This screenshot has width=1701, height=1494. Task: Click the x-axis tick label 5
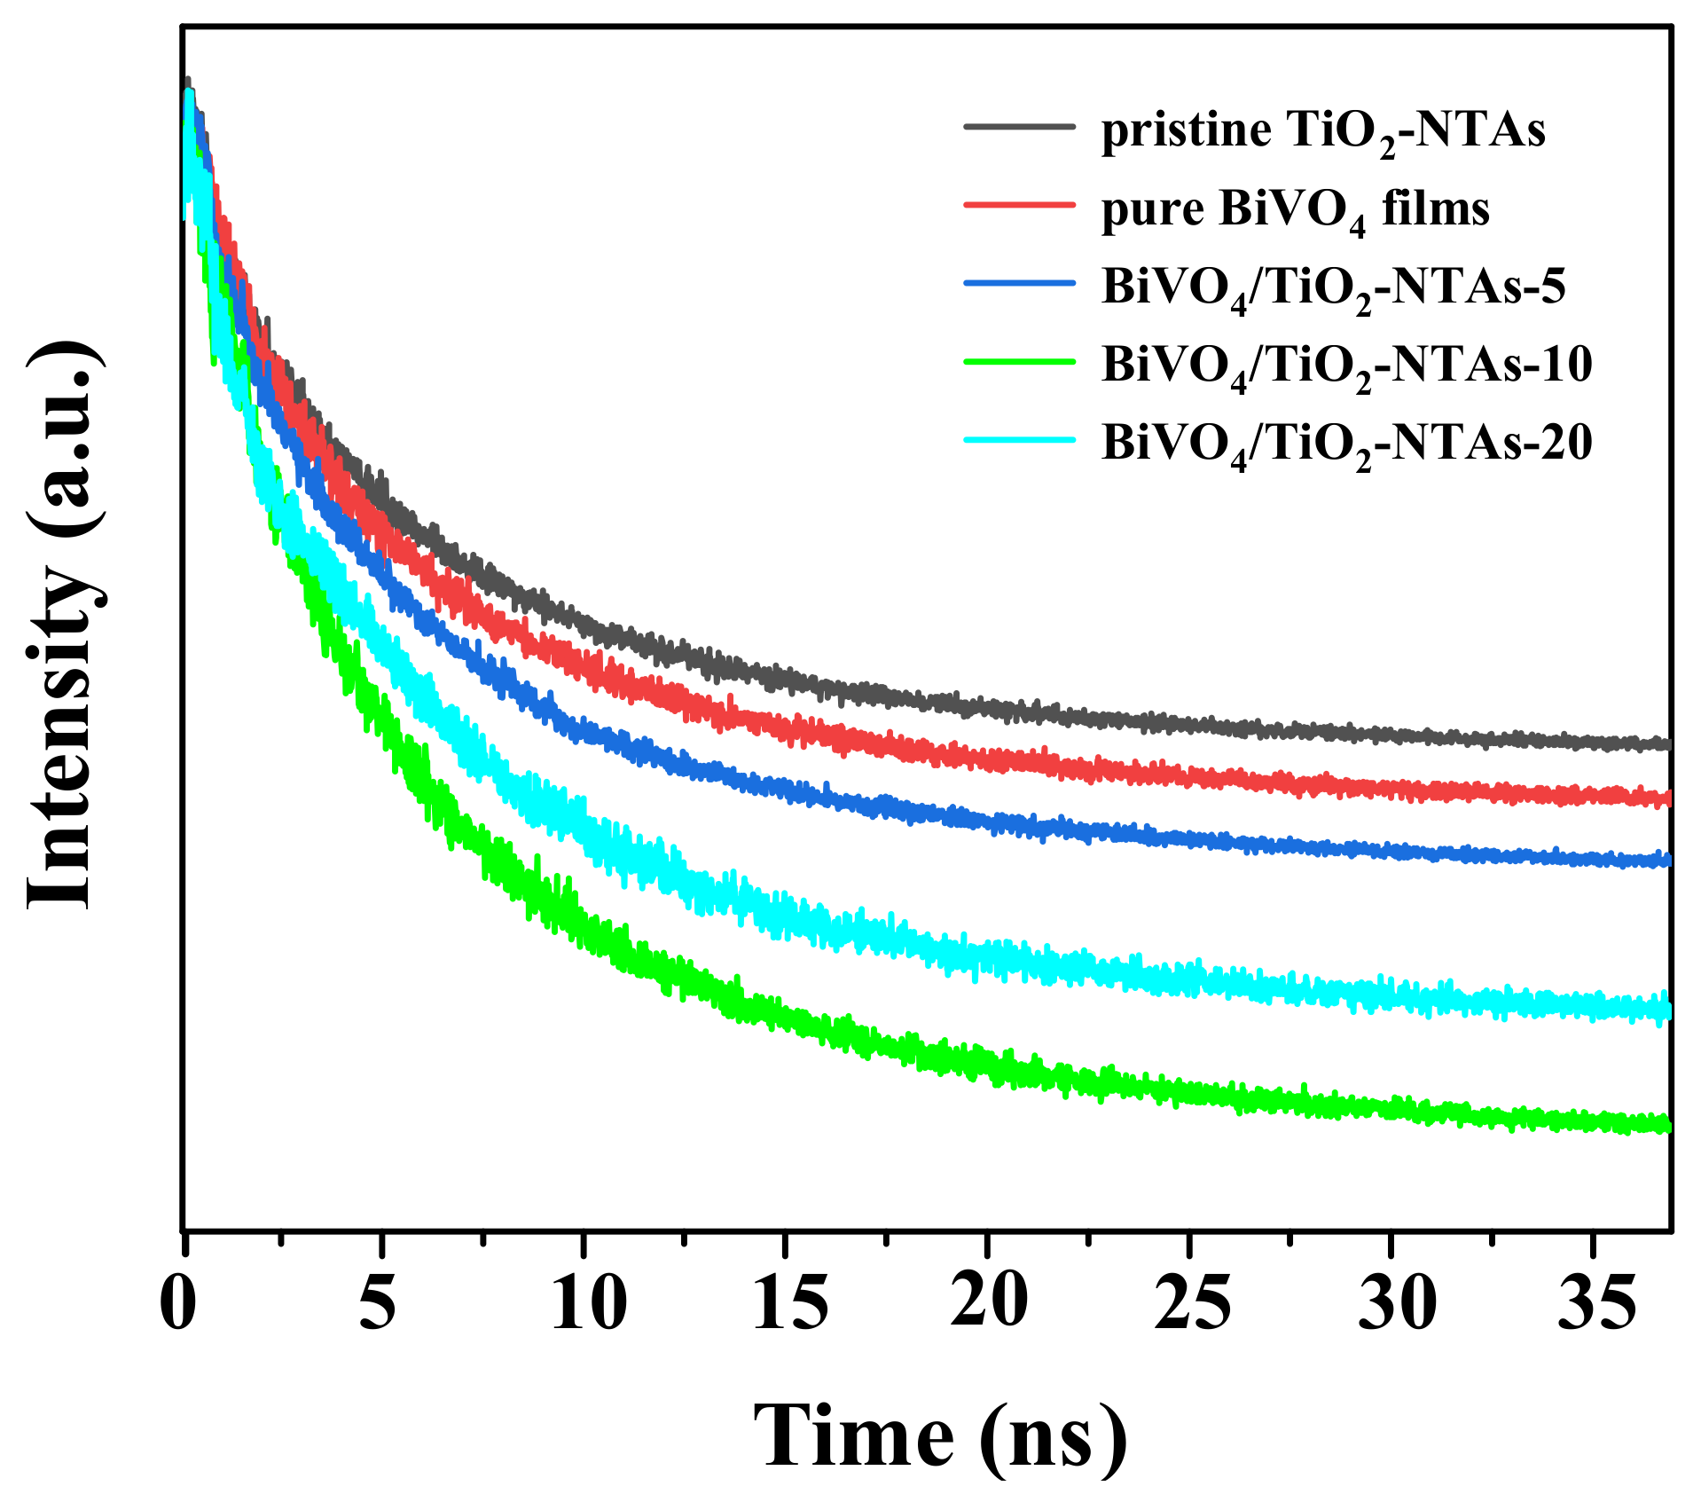[x=379, y=1304]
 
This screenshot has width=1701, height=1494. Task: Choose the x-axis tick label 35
[x=1596, y=1304]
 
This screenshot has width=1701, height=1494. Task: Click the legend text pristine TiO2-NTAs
[x=1323, y=131]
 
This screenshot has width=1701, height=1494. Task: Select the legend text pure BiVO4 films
[x=1295, y=211]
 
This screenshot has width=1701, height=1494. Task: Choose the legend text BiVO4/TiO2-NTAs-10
[x=1346, y=366]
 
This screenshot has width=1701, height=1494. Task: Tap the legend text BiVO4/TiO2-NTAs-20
[x=1346, y=443]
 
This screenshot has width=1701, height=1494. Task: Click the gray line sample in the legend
[x=1020, y=127]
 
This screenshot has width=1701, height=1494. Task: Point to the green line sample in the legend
[x=1020, y=362]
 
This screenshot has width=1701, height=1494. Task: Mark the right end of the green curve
[x=1667, y=1125]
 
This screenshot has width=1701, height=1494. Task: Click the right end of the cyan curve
[x=1667, y=1010]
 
